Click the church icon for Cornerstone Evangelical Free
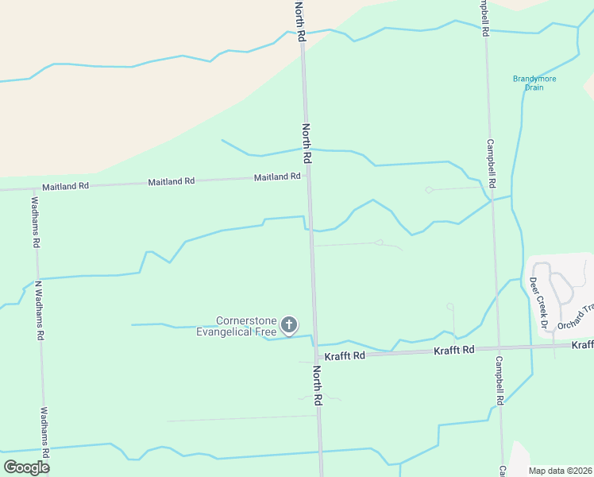click(x=289, y=324)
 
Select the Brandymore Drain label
click(x=534, y=83)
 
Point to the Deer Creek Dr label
click(x=538, y=303)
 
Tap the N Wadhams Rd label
click(x=38, y=310)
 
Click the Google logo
click(x=27, y=467)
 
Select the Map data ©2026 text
click(x=560, y=471)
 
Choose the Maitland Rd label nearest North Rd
click(x=277, y=177)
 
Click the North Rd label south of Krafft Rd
click(x=318, y=386)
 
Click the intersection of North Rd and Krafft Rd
click(x=315, y=355)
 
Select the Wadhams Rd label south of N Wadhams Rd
click(x=44, y=434)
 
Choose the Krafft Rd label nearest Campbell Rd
click(x=454, y=350)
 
